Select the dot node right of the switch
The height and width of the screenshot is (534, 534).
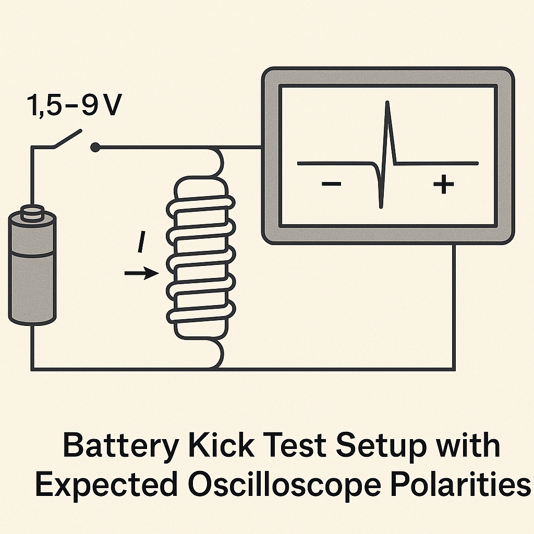point(95,148)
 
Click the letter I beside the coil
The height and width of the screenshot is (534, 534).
point(141,244)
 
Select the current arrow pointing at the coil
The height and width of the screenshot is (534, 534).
point(141,273)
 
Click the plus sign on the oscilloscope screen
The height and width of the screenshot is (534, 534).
point(443,184)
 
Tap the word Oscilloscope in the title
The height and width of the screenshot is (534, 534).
point(286,486)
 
